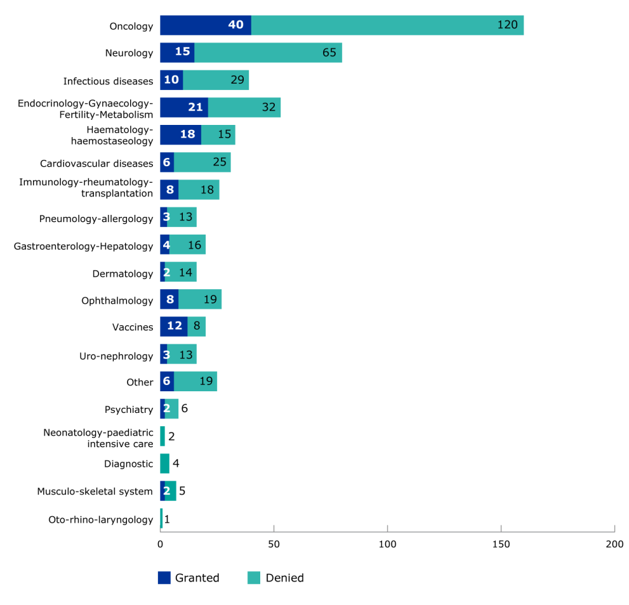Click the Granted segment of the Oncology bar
pyautogui.click(x=205, y=25)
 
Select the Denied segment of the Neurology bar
pyautogui.click(x=268, y=53)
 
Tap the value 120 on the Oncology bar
pyautogui.click(x=507, y=25)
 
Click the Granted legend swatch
pyautogui.click(x=164, y=578)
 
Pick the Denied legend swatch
pyautogui.click(x=254, y=578)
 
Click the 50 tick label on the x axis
pyautogui.click(x=274, y=544)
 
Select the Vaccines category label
pyautogui.click(x=133, y=327)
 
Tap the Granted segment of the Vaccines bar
pyautogui.click(x=173, y=327)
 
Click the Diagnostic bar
pyautogui.click(x=164, y=464)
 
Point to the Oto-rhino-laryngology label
pyautogui.click(x=101, y=520)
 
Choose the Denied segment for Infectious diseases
pyautogui.click(x=216, y=81)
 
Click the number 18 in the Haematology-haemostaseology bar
pyautogui.click(x=188, y=135)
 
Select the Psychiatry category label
pyautogui.click(x=129, y=410)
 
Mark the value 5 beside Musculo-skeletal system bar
pyautogui.click(x=182, y=491)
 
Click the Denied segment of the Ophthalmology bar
pyautogui.click(x=200, y=300)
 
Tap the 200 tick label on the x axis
pyautogui.click(x=614, y=544)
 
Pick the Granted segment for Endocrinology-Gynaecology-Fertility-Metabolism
pyautogui.click(x=184, y=108)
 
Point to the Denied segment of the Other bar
pyautogui.click(x=195, y=382)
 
